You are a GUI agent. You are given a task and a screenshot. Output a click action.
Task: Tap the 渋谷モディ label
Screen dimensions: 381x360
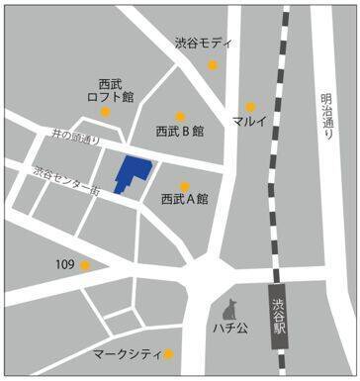click(x=203, y=44)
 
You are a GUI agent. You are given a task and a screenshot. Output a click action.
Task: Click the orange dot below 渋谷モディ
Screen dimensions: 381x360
click(x=212, y=65)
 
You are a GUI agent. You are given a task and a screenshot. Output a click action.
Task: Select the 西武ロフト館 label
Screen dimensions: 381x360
click(x=110, y=90)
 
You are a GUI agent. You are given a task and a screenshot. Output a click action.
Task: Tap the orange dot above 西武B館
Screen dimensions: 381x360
click(x=180, y=115)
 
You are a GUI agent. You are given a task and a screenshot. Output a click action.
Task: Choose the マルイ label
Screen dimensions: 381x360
click(x=250, y=122)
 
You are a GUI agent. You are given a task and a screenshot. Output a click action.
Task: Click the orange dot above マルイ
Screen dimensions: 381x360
click(x=251, y=106)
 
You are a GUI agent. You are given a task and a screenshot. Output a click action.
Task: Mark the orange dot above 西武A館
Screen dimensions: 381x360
click(x=184, y=186)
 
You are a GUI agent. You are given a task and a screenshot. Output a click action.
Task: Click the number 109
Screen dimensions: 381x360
click(x=65, y=264)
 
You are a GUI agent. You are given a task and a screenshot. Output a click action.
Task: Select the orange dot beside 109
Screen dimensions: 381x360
click(x=86, y=265)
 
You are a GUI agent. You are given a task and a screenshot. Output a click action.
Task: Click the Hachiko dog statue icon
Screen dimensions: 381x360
click(x=232, y=307)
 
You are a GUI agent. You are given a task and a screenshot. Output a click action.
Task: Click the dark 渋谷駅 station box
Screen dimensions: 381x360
click(x=280, y=318)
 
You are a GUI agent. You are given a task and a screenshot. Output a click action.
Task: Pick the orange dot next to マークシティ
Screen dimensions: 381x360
click(x=169, y=354)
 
